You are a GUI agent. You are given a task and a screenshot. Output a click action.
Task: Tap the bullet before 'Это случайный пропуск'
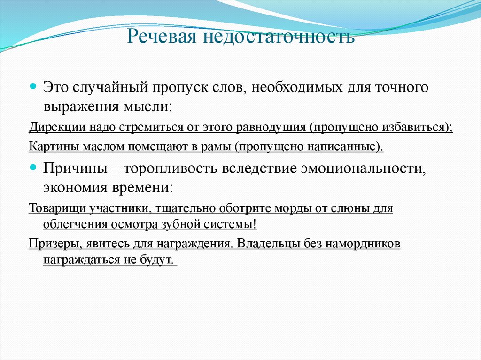pos(33,87)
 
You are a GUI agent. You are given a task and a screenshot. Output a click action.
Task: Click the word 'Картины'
pos(47,146)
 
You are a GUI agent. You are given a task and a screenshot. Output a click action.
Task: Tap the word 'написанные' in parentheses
pos(347,146)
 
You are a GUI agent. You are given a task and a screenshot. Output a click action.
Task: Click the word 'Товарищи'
pos(52,208)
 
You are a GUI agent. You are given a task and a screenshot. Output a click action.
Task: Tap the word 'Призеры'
pos(49,244)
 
